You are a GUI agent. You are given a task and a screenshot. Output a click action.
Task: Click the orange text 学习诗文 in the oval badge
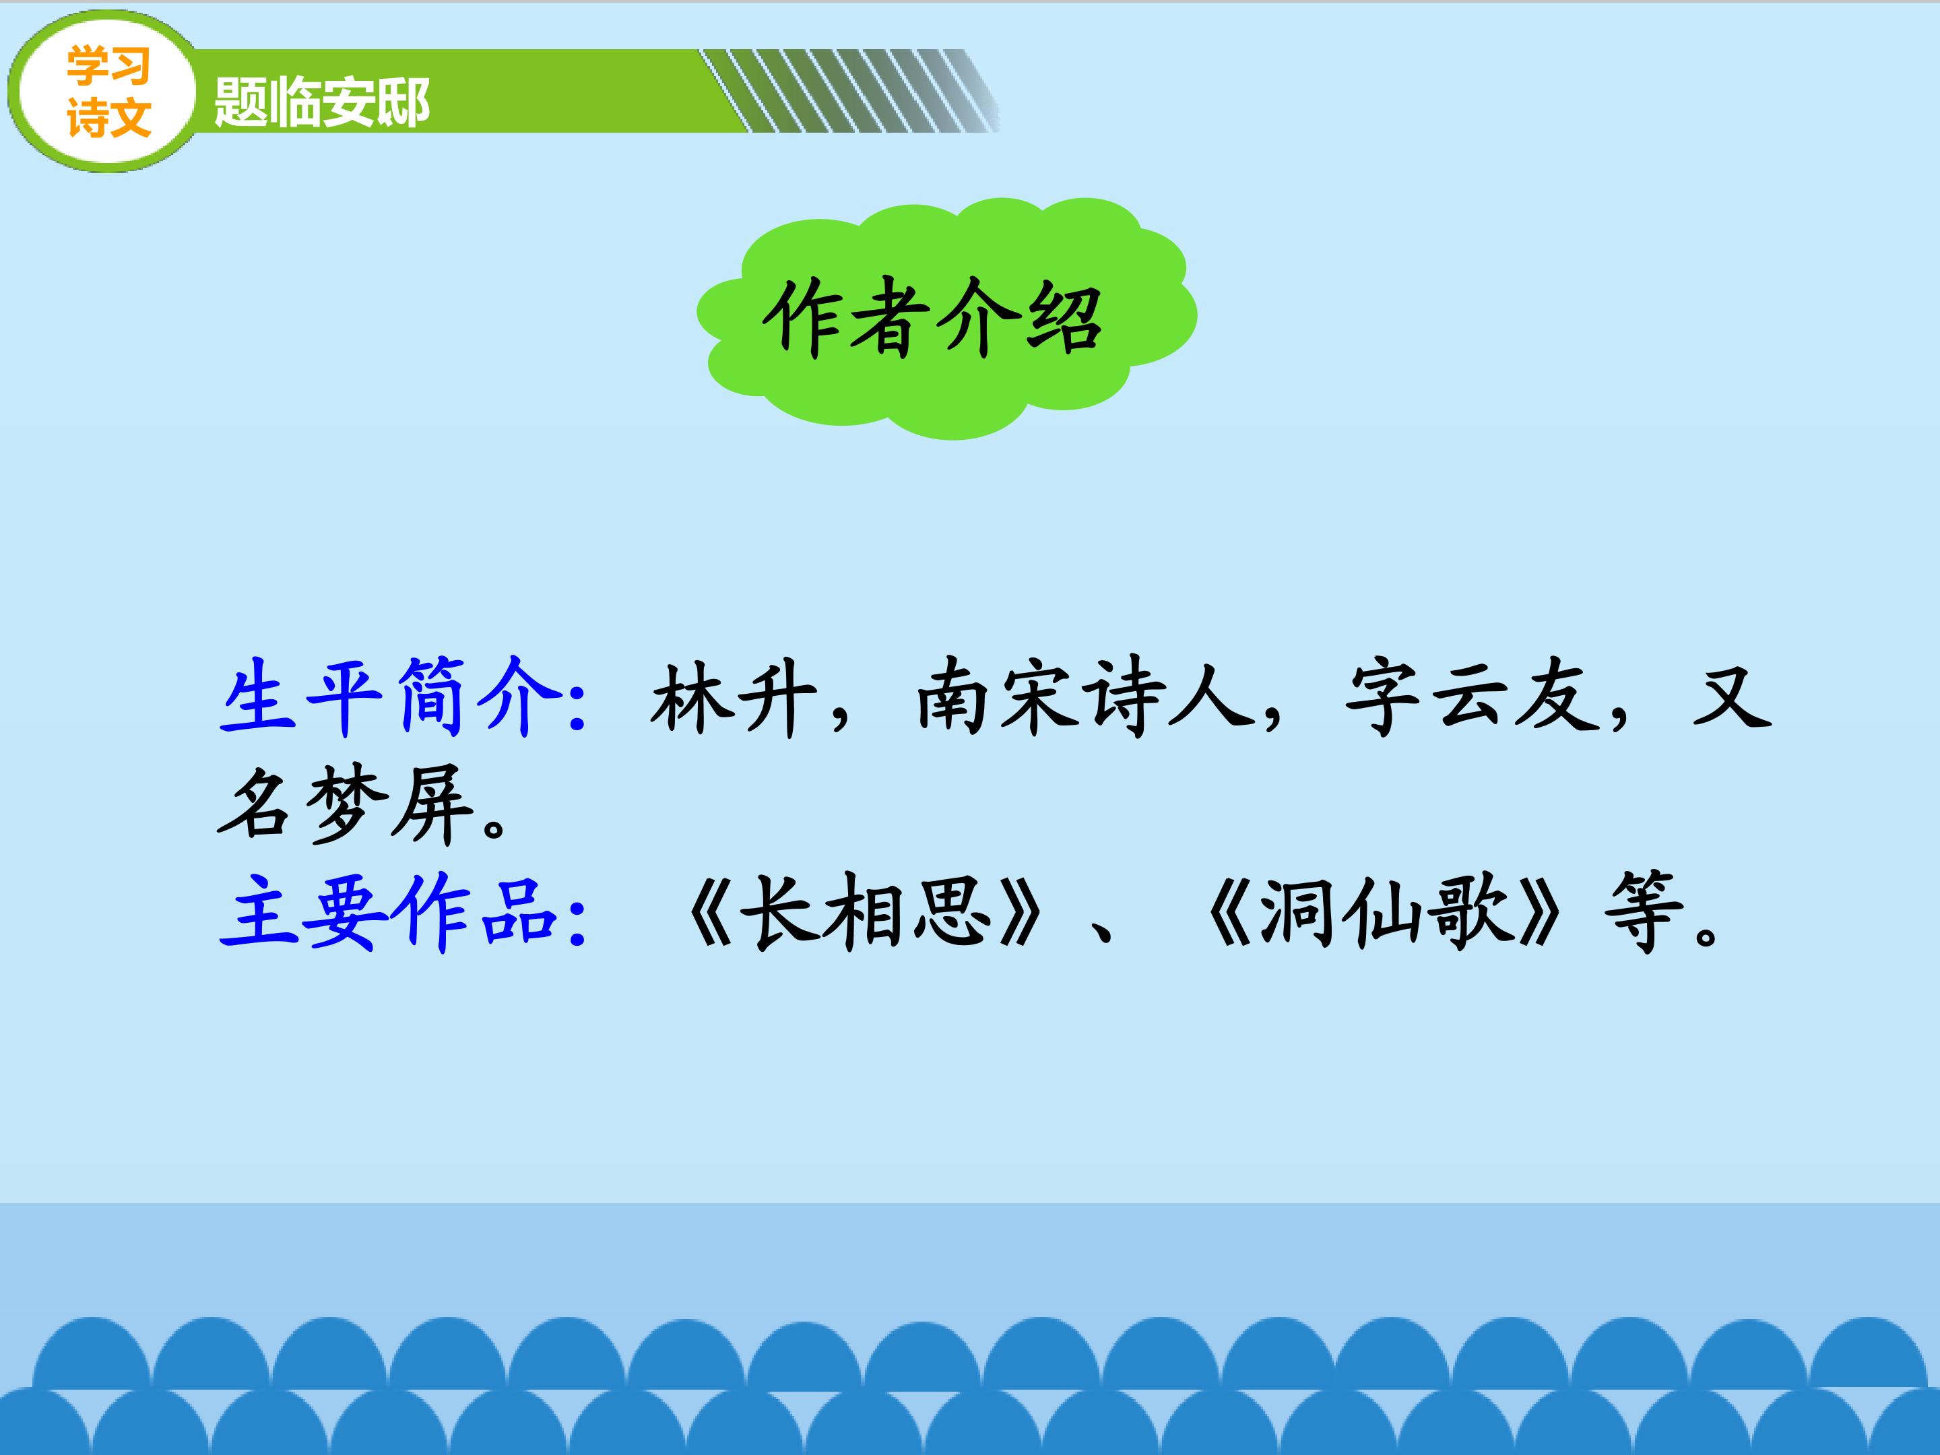[x=108, y=92]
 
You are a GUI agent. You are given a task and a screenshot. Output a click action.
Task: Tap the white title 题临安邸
[x=322, y=102]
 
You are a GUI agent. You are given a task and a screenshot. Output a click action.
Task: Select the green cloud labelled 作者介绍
[x=946, y=317]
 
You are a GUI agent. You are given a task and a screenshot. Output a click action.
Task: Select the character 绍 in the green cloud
[x=1064, y=317]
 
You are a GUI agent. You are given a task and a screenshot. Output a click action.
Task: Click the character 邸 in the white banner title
[x=403, y=102]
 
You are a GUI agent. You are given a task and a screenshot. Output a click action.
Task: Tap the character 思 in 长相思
[x=952, y=912]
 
